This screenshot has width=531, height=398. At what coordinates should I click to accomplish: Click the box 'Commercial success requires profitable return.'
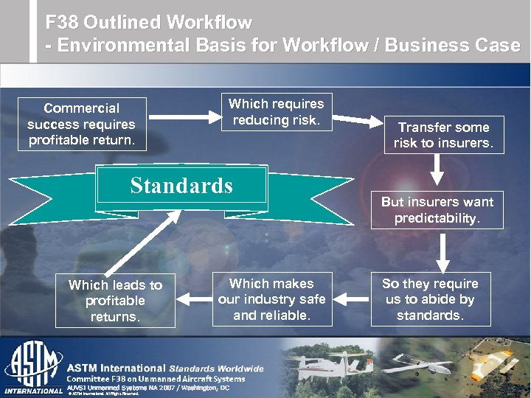[81, 124]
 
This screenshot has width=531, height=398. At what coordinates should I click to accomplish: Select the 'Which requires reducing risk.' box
[276, 111]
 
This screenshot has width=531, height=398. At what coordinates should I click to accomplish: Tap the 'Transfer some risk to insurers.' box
[443, 135]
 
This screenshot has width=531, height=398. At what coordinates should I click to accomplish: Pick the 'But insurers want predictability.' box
[437, 210]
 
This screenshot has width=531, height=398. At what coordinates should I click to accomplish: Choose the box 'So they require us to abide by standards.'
[430, 299]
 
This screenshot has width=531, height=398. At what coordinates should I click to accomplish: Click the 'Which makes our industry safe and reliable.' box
[271, 299]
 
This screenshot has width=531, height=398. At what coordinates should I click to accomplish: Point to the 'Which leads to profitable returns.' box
[115, 301]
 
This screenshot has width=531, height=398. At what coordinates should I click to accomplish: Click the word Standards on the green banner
[181, 185]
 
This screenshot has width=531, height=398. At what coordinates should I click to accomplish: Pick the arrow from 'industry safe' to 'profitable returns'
[193, 299]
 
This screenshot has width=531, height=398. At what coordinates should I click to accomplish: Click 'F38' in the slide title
[60, 23]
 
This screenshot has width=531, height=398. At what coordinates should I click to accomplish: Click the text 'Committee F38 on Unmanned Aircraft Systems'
[156, 379]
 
